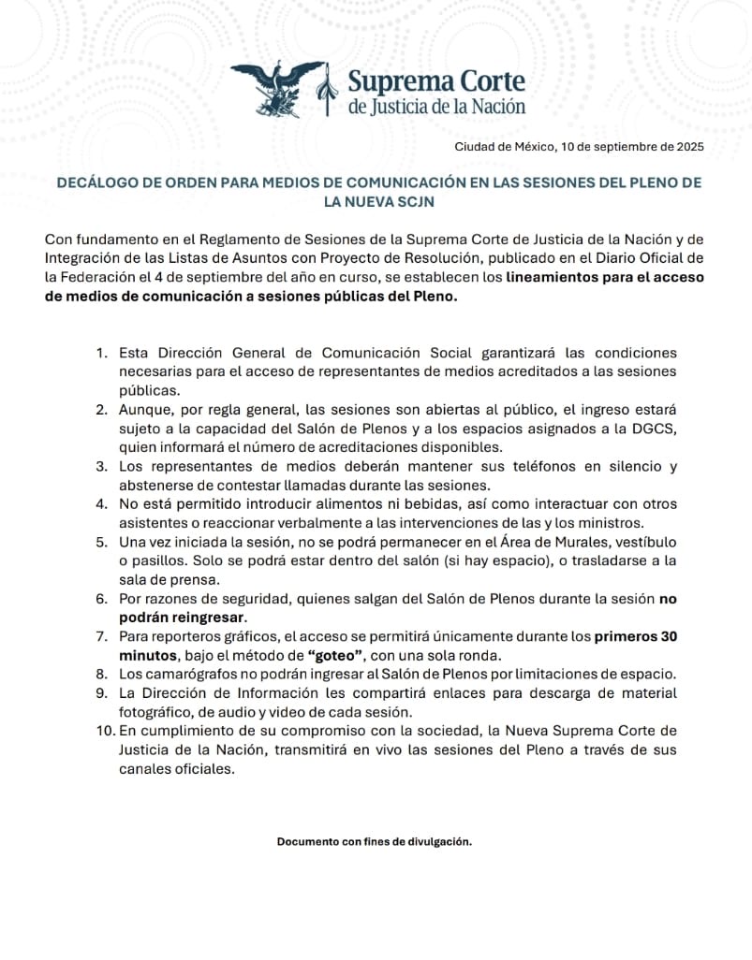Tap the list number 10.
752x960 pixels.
point(104,730)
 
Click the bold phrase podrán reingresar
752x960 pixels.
point(183,618)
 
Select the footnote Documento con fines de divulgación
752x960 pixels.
point(375,841)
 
